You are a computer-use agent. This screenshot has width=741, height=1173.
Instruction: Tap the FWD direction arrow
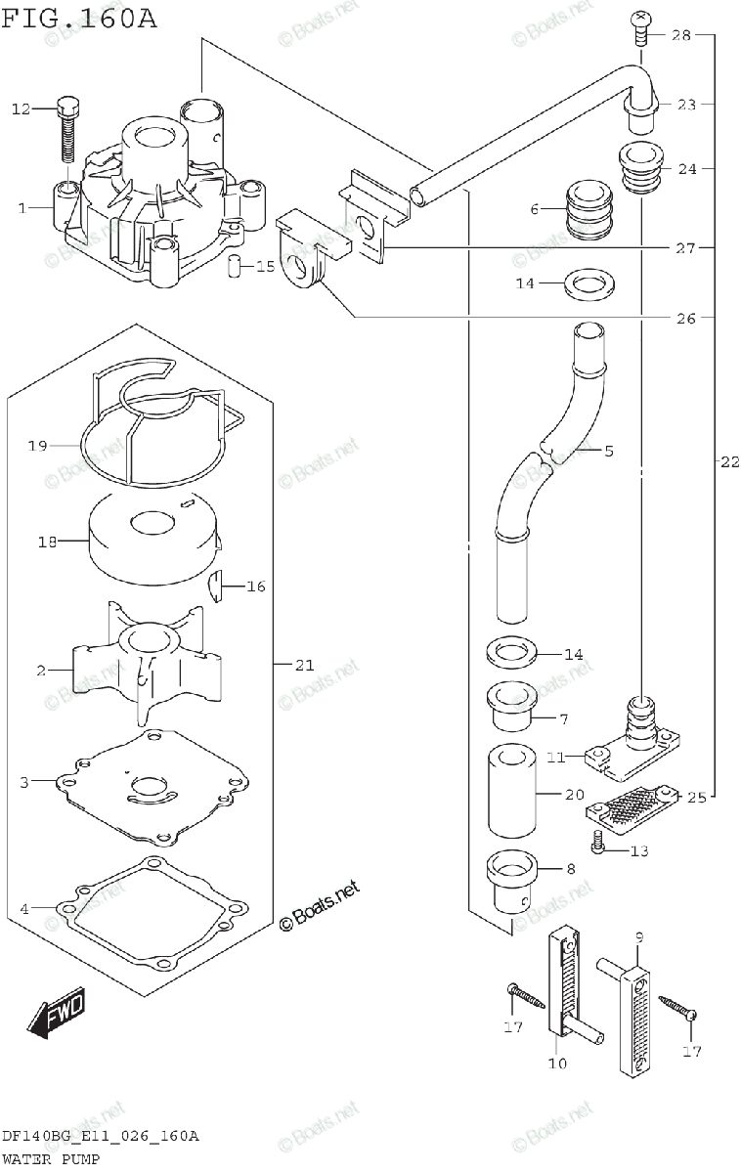pyautogui.click(x=56, y=1013)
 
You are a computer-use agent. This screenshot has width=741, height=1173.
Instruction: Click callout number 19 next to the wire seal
pyautogui.click(x=37, y=446)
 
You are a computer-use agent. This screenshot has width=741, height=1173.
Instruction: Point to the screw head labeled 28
pyautogui.click(x=641, y=25)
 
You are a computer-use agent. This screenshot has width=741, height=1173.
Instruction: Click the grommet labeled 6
pyautogui.click(x=590, y=209)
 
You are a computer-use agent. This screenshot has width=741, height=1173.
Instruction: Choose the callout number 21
pyautogui.click(x=304, y=665)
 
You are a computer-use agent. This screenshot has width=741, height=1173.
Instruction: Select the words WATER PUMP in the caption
pyautogui.click(x=50, y=1158)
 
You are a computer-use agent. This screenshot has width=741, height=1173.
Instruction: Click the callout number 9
pyautogui.click(x=639, y=938)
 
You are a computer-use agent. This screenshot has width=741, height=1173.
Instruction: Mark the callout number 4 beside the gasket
pyautogui.click(x=23, y=909)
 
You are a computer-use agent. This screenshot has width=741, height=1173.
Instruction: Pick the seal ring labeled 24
pyautogui.click(x=640, y=169)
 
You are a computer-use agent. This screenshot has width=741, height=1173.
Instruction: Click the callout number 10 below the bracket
pyautogui.click(x=556, y=1064)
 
